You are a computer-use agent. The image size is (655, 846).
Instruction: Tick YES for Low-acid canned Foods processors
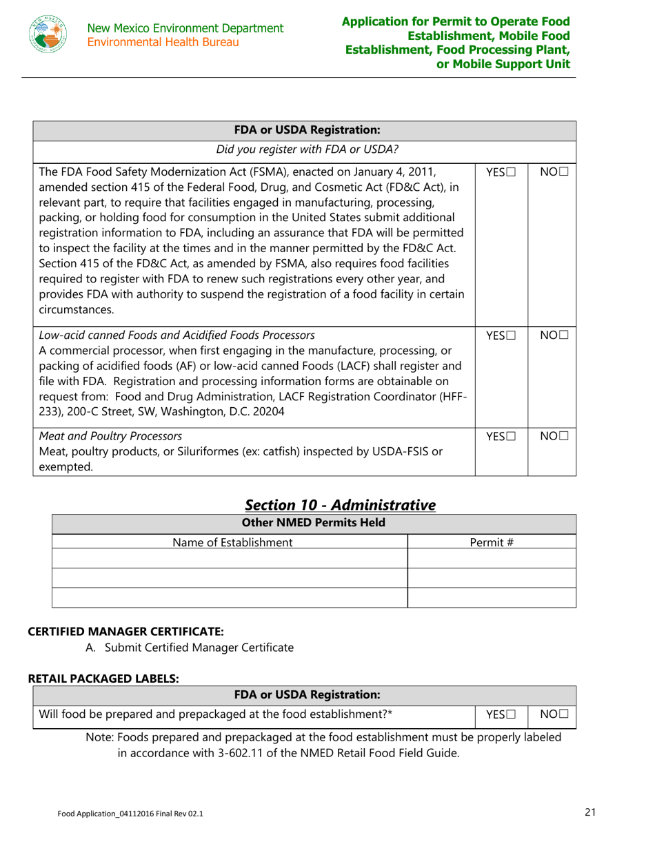pos(512,336)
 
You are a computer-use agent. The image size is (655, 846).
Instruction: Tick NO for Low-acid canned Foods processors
pos(565,336)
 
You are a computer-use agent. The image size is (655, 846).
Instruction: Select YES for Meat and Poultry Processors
pos(512,436)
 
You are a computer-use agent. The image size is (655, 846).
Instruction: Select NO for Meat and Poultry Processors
pos(565,436)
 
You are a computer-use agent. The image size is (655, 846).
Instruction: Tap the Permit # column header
pos(492,542)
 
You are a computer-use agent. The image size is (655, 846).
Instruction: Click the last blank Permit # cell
pos(492,597)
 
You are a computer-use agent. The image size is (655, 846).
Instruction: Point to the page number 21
pos(589,813)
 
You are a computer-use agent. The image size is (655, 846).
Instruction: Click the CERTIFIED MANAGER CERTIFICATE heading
pos(125,631)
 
